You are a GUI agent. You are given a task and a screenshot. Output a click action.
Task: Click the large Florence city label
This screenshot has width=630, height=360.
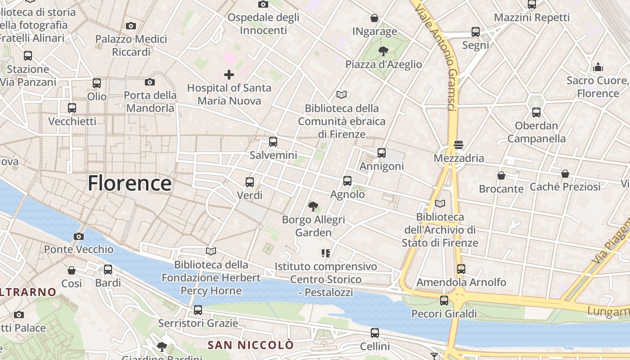(x=129, y=184)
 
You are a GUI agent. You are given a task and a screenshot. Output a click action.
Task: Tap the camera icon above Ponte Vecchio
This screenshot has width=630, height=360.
(x=78, y=236)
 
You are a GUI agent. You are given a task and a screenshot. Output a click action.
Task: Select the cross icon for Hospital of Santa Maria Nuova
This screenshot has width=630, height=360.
(x=229, y=74)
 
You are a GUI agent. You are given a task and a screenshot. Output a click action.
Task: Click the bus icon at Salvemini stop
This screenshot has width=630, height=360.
(x=273, y=142)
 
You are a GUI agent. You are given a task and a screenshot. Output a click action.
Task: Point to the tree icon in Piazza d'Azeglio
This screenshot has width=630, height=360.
(x=383, y=51)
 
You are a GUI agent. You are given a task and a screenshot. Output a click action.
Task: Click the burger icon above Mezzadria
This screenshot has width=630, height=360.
(x=459, y=145)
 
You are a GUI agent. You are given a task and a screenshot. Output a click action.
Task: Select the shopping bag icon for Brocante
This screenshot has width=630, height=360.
(x=501, y=175)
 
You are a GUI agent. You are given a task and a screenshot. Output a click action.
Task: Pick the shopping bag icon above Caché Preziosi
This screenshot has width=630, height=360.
(x=565, y=173)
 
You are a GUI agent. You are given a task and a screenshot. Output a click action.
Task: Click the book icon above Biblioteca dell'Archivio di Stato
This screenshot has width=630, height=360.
(x=440, y=203)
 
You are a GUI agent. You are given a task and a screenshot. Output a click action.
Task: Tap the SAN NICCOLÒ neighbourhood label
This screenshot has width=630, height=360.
(x=251, y=345)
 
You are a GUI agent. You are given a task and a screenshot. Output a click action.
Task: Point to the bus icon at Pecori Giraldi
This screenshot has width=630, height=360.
(x=444, y=300)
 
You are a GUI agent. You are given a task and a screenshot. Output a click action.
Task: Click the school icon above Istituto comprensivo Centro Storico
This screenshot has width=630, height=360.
(x=326, y=253)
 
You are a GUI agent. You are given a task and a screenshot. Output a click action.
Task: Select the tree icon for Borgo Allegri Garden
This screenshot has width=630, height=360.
(x=313, y=207)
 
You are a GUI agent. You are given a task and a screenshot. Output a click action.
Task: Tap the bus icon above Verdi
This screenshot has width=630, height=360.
(x=250, y=182)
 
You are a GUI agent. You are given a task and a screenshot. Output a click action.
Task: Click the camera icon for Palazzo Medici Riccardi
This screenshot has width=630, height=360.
(x=131, y=26)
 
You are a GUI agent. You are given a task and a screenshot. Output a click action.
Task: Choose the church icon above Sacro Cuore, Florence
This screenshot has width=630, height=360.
(x=598, y=67)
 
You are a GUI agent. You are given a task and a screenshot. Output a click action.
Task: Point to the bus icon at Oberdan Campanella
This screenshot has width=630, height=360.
(x=536, y=112)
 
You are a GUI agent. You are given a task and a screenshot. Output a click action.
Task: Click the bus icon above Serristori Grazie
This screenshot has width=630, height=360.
(x=198, y=310)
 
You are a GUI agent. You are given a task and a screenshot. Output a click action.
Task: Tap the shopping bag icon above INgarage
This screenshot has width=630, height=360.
(x=374, y=18)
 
